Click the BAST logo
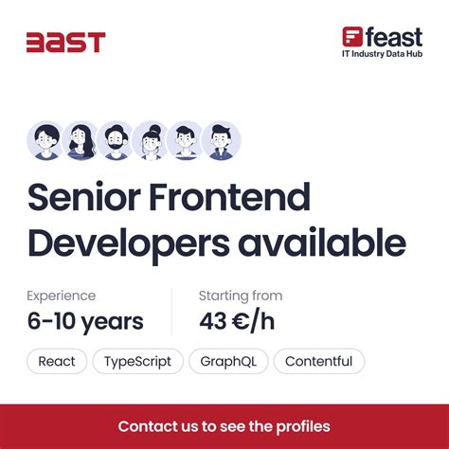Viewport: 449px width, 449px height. coord(65,42)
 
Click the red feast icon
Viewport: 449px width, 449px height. coord(352,37)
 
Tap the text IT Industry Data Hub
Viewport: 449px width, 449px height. coord(382,54)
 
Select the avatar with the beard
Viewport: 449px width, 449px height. coord(115,140)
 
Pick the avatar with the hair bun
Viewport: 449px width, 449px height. coord(150,140)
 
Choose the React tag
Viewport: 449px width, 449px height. coord(57,361)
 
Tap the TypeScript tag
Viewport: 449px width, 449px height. coord(138,361)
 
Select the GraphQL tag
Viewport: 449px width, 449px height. coord(228,361)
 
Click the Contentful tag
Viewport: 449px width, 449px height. coord(318,361)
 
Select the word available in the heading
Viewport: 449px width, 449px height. coord(322,243)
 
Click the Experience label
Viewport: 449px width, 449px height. coord(62,296)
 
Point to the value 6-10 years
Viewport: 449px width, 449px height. coord(85,321)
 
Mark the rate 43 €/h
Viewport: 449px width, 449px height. coord(237,321)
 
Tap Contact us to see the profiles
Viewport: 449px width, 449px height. coord(224,425)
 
